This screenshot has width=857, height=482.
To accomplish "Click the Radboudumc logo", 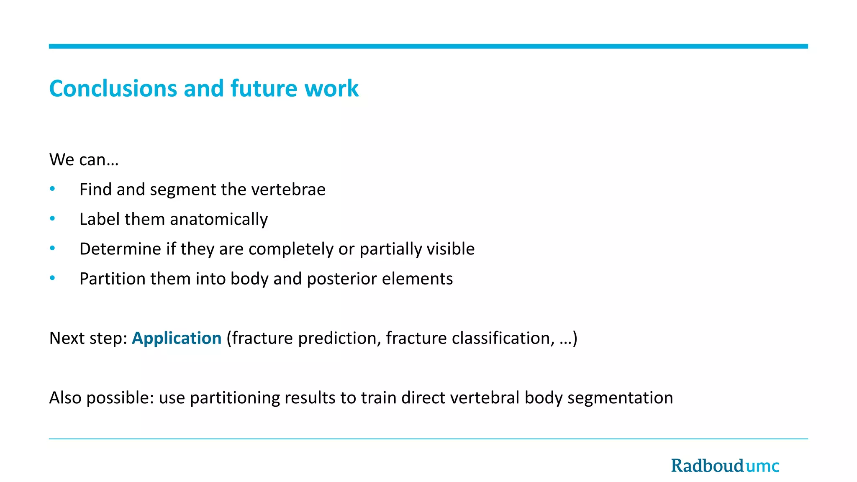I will pos(725,466).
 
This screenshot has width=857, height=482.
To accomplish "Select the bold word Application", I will pos(177,338).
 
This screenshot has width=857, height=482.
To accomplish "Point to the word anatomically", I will pos(218,220).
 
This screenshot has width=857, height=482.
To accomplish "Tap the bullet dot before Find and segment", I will pos(52,189).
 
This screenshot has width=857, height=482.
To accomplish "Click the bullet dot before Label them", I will pos(52,219).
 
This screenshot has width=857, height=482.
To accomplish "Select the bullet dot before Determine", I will pos(52,249).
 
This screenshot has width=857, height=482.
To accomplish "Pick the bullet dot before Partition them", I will pos(52,278).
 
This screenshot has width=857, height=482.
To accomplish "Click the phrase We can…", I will pos(84,160).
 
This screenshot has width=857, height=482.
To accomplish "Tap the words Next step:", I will pos(88,338).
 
